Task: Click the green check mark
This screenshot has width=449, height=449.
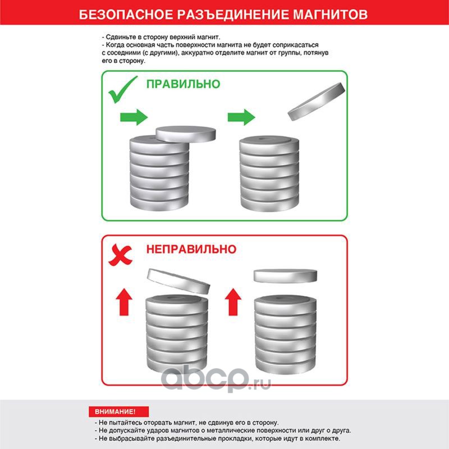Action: pos(123,89)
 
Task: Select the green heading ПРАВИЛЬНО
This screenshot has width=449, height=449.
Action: pos(184,84)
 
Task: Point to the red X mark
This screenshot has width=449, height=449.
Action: pos(120,255)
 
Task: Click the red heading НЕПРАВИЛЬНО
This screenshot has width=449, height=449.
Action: pos(191,249)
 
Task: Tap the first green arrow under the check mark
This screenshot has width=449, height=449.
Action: pos(134,117)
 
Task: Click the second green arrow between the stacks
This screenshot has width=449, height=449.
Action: pos(241,117)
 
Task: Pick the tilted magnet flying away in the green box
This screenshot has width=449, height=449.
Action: pos(317,102)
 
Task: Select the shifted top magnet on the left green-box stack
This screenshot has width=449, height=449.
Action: pos(186,134)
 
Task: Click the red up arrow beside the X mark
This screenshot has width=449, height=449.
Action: pos(124,302)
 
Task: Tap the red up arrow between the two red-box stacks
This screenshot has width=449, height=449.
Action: pos(233,302)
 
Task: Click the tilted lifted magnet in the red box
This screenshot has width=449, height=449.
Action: pos(178,282)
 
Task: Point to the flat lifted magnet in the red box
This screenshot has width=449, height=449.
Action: pos(286,276)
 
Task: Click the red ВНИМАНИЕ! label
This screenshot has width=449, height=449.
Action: pos(118,411)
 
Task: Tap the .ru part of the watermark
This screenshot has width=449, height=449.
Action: pos(260,383)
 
